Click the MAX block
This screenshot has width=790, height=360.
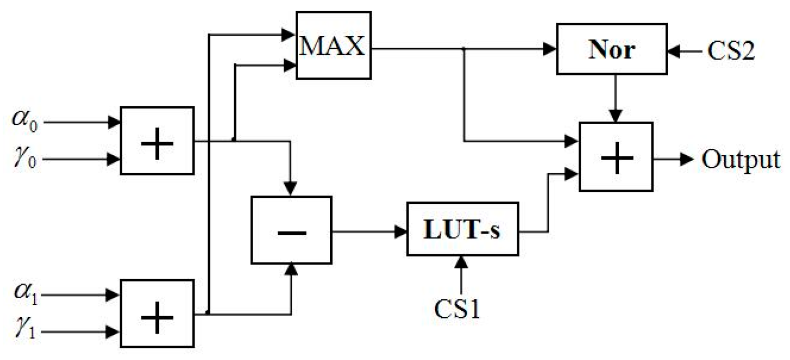coord(332,48)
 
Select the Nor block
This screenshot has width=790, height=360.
coord(612,50)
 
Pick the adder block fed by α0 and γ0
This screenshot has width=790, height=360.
coord(157,141)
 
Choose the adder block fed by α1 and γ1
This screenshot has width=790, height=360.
coord(157,313)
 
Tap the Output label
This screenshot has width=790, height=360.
coord(741,159)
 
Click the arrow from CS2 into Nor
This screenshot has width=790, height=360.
coord(684,52)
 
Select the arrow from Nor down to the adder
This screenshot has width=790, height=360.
coord(615,98)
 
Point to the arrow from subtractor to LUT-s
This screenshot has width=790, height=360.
coord(369,232)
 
